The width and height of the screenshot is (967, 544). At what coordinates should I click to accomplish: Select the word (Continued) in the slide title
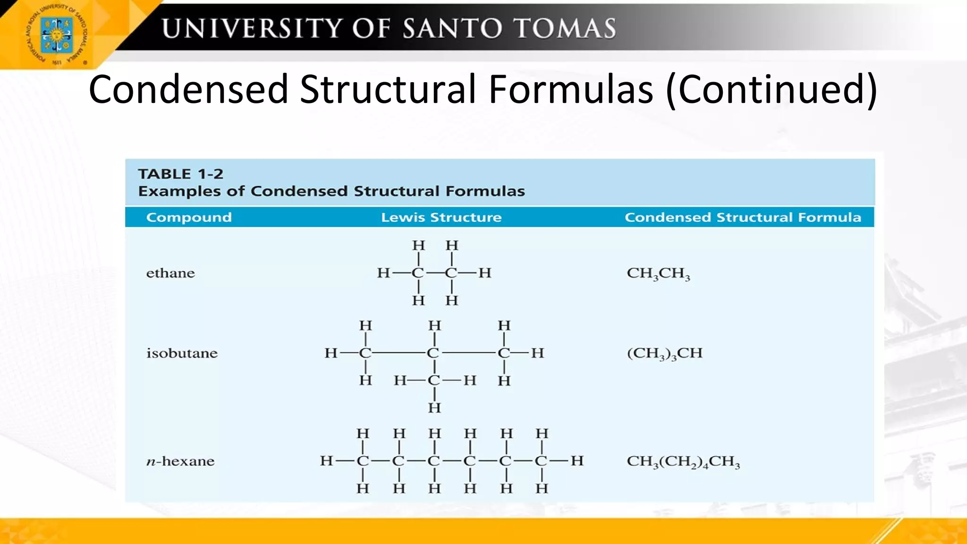point(772,90)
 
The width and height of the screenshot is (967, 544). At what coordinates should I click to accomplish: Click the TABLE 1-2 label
point(180,174)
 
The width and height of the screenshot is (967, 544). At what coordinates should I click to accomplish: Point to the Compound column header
point(189,217)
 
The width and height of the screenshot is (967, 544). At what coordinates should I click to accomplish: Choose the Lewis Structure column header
point(441,217)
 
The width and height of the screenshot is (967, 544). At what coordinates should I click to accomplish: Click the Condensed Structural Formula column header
point(743,217)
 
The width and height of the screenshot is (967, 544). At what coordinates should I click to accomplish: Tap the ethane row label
point(170,273)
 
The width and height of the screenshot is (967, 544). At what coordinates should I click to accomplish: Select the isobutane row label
point(182,353)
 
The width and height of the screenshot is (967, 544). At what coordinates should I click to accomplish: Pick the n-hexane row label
point(180,461)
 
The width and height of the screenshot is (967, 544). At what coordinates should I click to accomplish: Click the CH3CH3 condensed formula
point(658,273)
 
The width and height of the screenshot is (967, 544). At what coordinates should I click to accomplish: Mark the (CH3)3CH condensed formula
point(664,353)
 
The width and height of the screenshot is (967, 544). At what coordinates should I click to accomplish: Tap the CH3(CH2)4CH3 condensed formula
point(683,461)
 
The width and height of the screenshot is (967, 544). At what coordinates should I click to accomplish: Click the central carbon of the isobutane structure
point(433,353)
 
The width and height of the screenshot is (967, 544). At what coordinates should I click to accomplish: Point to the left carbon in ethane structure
point(418,273)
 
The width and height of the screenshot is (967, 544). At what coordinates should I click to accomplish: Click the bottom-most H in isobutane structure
point(434,408)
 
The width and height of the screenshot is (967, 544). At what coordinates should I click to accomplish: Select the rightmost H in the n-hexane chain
point(577,460)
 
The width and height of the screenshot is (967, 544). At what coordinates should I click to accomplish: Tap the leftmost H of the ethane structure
point(383,273)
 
